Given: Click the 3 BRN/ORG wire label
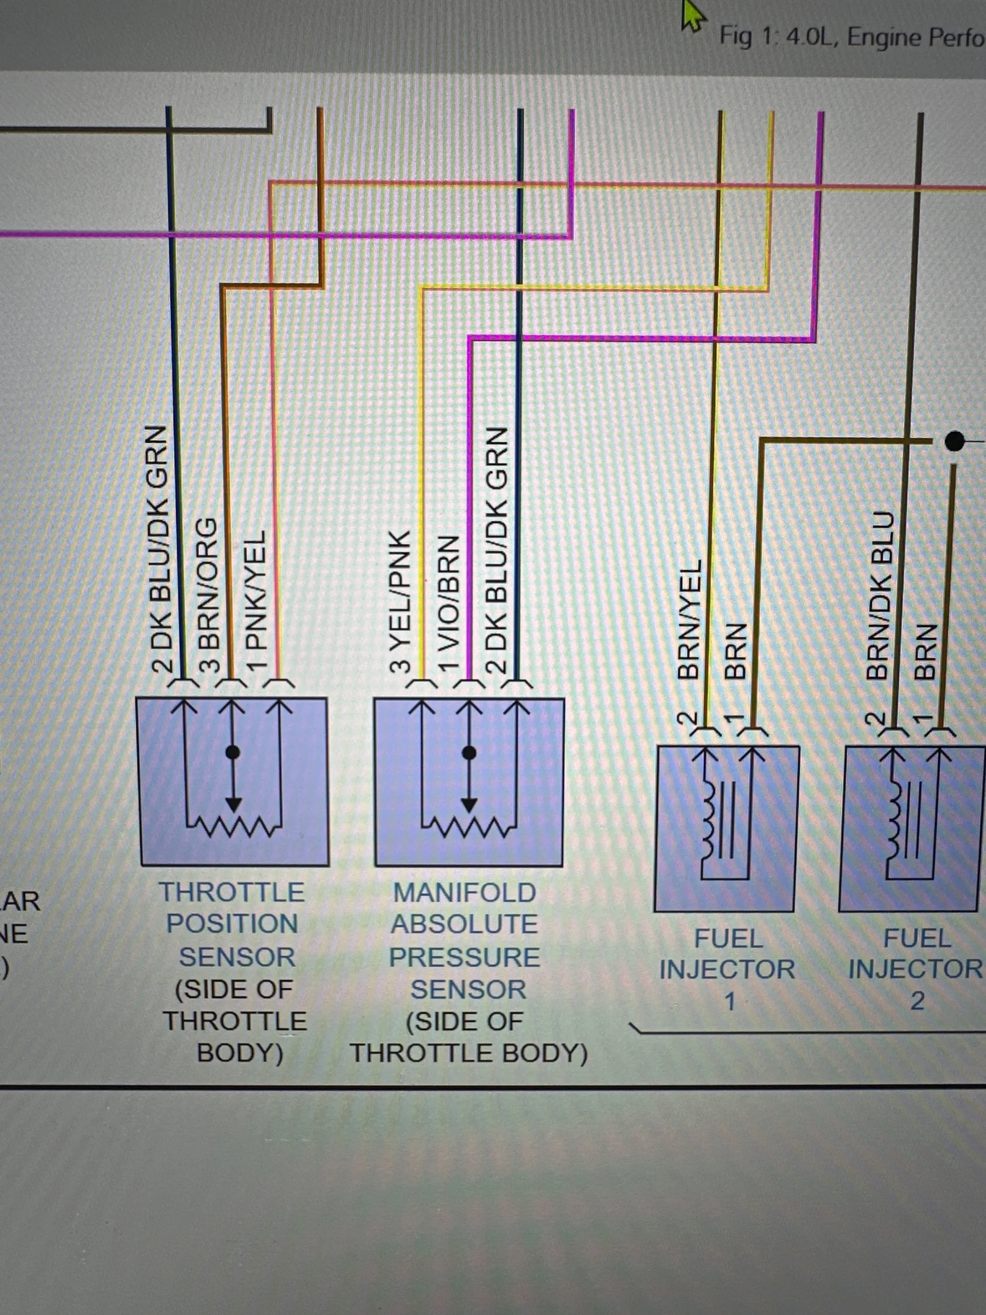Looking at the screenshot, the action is pyautogui.click(x=207, y=594).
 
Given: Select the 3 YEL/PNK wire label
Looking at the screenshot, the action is pyautogui.click(x=399, y=602).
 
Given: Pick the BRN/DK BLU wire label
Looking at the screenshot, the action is pyautogui.click(x=878, y=595).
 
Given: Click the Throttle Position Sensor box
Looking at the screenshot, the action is pyautogui.click(x=233, y=781).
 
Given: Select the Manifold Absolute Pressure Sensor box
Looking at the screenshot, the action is pyautogui.click(x=469, y=782).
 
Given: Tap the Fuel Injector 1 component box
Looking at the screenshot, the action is pyautogui.click(x=726, y=828).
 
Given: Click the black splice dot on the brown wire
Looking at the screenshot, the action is pyautogui.click(x=954, y=441).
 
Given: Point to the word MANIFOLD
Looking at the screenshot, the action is pyautogui.click(x=465, y=893).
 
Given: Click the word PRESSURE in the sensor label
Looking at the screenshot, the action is pyautogui.click(x=465, y=957).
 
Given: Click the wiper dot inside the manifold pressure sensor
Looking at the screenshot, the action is pyautogui.click(x=469, y=753).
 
